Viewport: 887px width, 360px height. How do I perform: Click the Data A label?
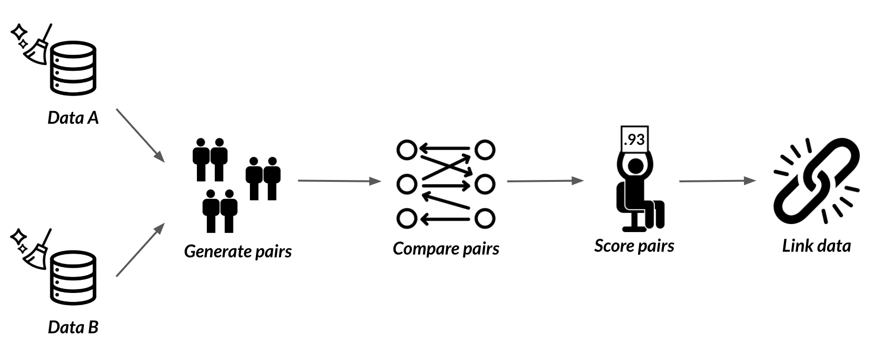[73, 117]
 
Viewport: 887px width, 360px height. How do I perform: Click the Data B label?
[73, 327]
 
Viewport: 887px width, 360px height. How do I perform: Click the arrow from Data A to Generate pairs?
[140, 136]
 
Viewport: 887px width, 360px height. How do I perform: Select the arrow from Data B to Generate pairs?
[140, 249]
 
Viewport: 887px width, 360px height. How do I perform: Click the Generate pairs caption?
[238, 252]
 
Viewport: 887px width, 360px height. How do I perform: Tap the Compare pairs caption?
[446, 248]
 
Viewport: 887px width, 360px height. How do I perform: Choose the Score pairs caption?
[634, 246]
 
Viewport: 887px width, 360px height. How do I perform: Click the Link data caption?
[816, 246]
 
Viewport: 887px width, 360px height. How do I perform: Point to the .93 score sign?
[634, 139]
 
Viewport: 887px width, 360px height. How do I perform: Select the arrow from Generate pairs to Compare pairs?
[340, 180]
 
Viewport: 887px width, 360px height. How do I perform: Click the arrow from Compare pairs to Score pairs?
[546, 180]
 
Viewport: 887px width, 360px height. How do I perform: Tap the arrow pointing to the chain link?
[718, 180]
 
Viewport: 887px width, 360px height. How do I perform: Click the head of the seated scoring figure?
[635, 166]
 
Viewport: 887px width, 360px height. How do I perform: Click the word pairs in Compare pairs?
[481, 249]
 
